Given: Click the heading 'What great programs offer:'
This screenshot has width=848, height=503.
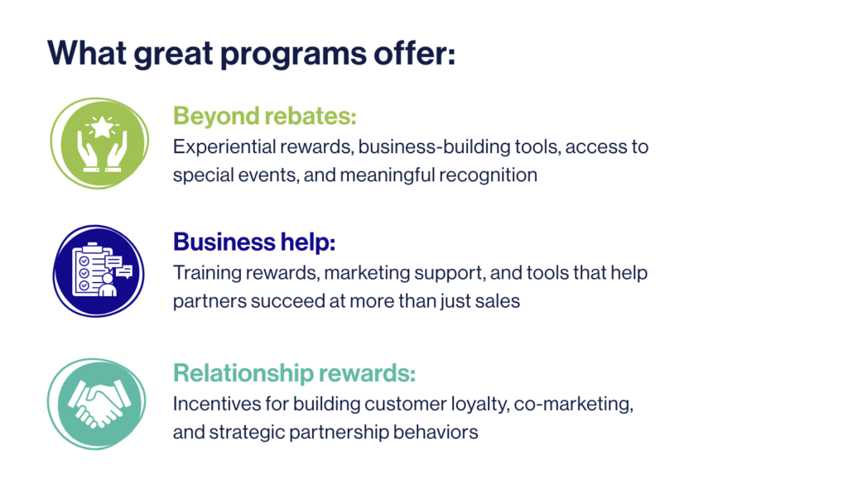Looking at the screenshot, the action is [252, 54].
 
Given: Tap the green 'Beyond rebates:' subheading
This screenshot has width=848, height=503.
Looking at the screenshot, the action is [264, 116].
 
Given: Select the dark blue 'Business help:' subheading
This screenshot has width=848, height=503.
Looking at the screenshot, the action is [254, 242].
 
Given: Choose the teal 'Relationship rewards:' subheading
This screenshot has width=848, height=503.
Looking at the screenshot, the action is [294, 373].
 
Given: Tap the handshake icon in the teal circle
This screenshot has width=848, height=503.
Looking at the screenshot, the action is [99, 404].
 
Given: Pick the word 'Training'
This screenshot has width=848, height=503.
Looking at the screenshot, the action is [207, 273].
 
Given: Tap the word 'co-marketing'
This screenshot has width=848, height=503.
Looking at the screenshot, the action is [573, 405].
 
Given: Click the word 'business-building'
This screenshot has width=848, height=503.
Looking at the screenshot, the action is [434, 147].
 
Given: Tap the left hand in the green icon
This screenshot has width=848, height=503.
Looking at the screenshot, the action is [89, 152].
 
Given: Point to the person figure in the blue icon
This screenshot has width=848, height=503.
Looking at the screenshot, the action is [108, 285].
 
